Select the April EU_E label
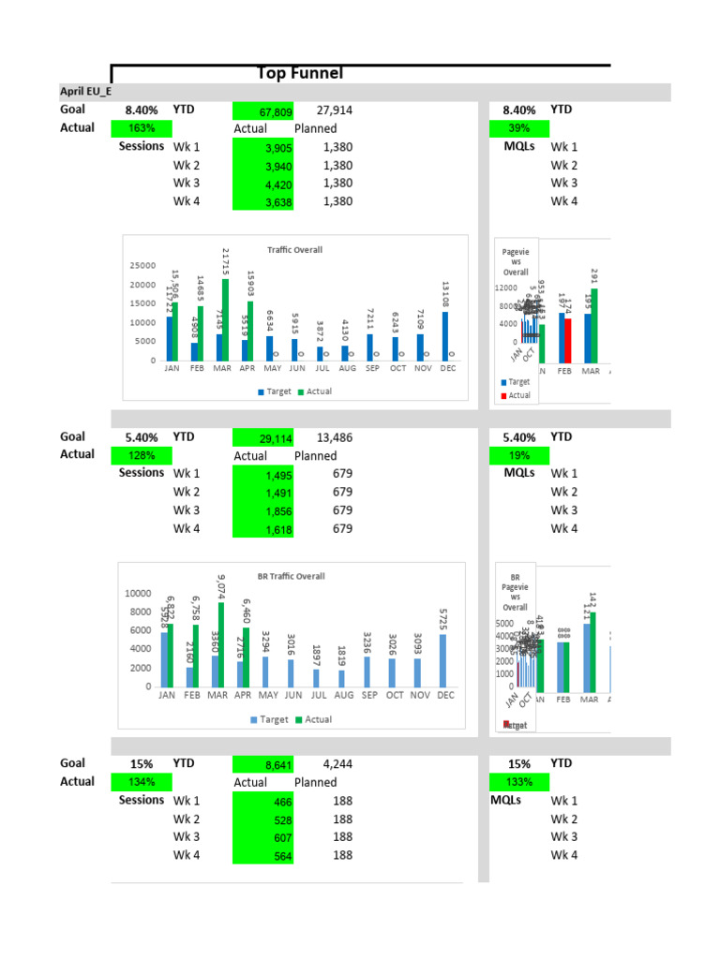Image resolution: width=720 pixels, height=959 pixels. tap(80, 92)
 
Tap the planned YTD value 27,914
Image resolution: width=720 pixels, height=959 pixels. tap(334, 111)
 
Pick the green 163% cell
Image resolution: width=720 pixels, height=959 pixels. tap(141, 128)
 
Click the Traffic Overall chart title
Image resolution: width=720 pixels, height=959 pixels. tap(294, 250)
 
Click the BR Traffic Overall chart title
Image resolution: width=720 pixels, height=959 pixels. tap(291, 577)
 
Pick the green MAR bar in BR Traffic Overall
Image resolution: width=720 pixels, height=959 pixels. tap(222, 644)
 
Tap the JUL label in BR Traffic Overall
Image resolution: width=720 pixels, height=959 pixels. tap(319, 696)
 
